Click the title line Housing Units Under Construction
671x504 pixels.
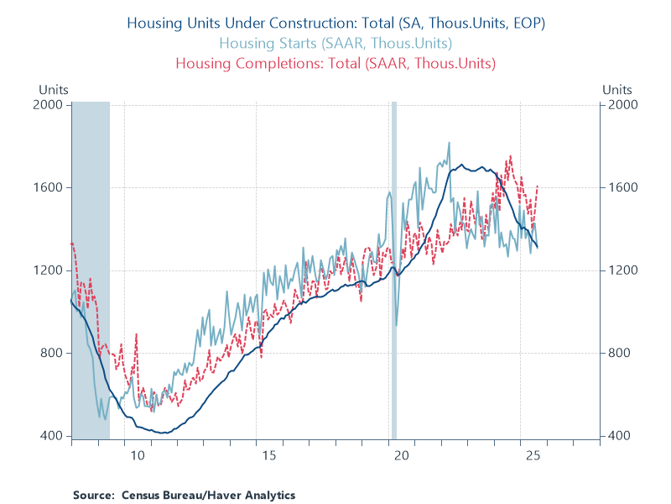point(335,24)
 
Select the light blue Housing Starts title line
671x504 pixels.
point(335,43)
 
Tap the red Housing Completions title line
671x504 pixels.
point(335,63)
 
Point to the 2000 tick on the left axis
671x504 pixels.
point(52,105)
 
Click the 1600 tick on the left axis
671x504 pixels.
point(52,187)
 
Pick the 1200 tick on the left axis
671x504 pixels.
point(52,270)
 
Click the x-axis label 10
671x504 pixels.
point(137,456)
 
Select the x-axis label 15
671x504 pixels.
point(268,456)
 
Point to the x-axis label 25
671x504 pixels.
point(533,456)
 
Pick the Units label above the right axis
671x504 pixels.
point(617,89)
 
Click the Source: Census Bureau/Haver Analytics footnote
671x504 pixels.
point(184,495)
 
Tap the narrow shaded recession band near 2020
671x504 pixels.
point(394,269)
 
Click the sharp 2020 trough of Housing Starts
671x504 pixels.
point(397,324)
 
